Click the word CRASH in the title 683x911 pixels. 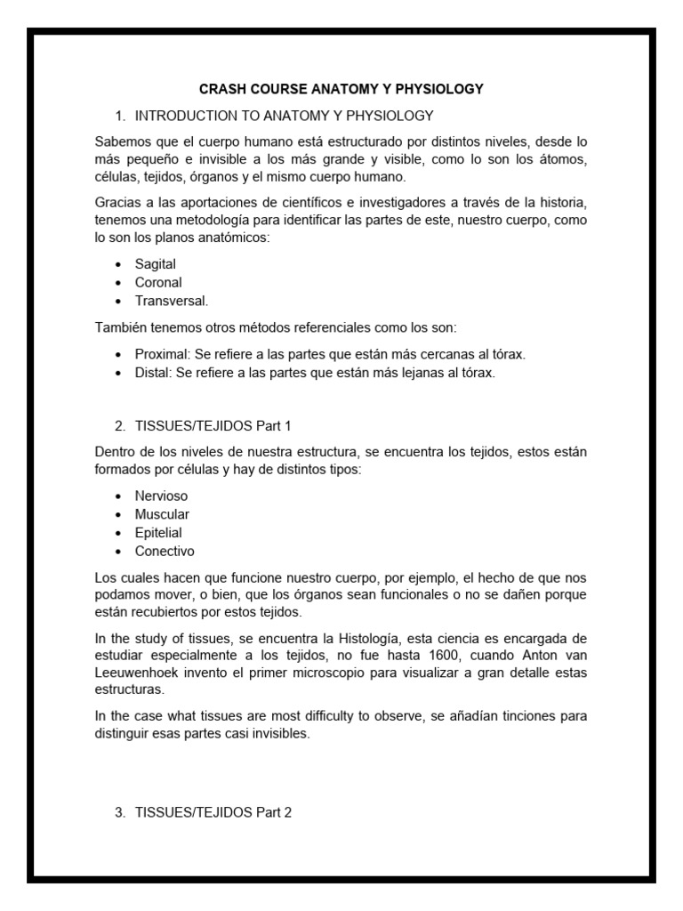coord(221,89)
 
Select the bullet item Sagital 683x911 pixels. coord(156,264)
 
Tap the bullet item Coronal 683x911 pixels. coord(158,282)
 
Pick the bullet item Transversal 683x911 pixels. coord(171,301)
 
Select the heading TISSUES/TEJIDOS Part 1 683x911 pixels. coord(213,425)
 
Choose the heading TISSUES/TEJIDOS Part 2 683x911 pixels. coord(213,813)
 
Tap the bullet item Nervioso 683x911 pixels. coord(161,496)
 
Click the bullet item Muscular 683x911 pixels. coord(162,514)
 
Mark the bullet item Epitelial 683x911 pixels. coord(158,532)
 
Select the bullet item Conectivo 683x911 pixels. coord(165,551)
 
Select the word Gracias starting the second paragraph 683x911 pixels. coord(118,202)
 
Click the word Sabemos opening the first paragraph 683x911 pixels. coord(124,142)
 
